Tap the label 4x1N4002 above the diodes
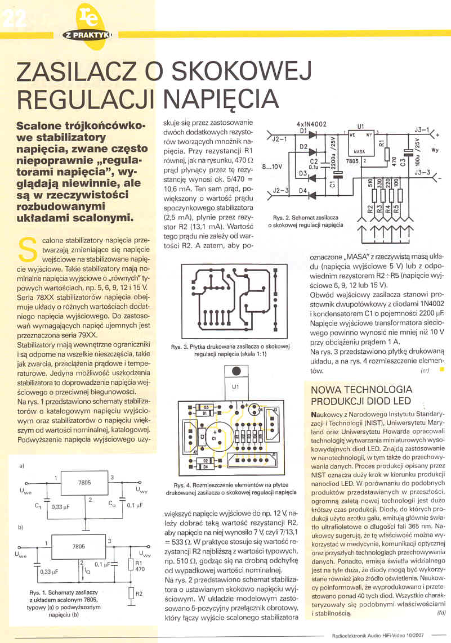[x=311, y=124]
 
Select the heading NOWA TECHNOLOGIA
[x=361, y=389]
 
